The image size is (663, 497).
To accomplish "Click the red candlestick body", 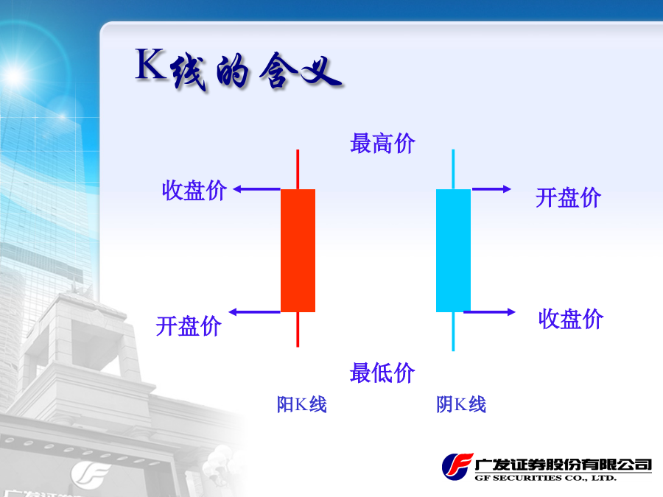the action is pos(298,250).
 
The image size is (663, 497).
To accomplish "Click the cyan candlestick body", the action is pos(453,250).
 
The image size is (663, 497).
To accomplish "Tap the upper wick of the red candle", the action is pos(298,169).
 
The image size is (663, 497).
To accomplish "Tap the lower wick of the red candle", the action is pos(298,330).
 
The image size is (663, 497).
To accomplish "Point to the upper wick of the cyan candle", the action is pos(453,169).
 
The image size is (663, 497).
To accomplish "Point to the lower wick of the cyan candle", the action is pos(453,332).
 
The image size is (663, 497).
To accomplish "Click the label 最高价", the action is pos(382,144).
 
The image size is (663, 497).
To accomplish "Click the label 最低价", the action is pos(382,373).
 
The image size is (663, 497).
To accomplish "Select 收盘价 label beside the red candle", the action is pos(194,190).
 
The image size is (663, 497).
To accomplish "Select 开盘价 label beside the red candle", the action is pos(189,326).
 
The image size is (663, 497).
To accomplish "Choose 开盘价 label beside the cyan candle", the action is pos(568,197).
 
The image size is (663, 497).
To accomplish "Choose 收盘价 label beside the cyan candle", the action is pos(571,319).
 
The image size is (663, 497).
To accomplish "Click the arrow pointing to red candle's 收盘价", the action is pos(257,189).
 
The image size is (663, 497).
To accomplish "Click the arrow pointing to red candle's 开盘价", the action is pos(255,312).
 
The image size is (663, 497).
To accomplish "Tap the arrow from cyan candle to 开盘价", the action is pos(491,189).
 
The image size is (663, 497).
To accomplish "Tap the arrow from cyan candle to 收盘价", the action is pos(490,312).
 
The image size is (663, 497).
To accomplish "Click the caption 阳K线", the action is pos(302,404).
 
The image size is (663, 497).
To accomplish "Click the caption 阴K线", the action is pos(461,404).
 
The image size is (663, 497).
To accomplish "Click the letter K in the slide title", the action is pos(151,64).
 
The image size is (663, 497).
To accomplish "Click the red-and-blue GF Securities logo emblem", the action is pos(457,466).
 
